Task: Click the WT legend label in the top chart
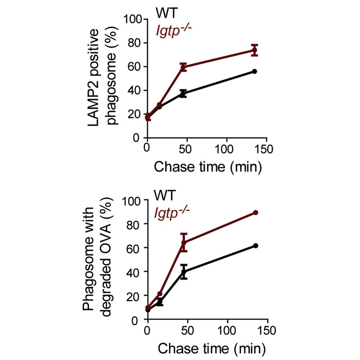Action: [166, 13]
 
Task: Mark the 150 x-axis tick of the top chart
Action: [267, 149]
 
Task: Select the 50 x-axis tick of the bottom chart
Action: [188, 330]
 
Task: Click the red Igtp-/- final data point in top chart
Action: [255, 50]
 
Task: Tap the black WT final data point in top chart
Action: [255, 71]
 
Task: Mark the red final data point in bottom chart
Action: [256, 212]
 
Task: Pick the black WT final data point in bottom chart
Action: [256, 246]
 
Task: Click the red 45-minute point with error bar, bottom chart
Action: [184, 242]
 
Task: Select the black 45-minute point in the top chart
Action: [183, 93]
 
